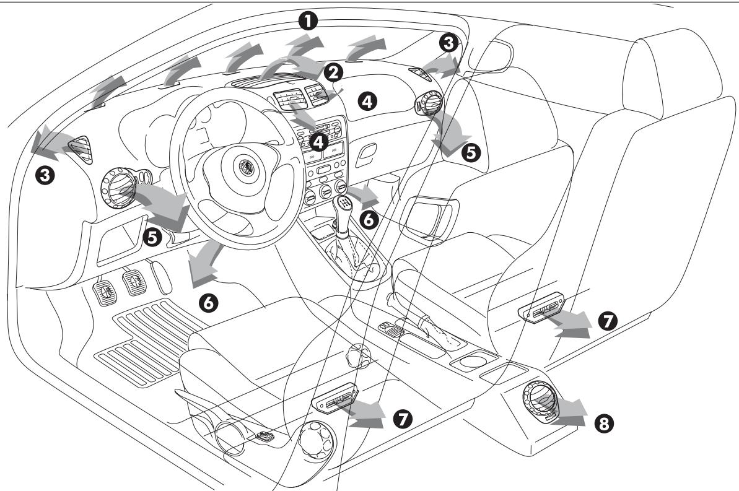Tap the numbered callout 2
335,72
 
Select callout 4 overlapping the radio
318,142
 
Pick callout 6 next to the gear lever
367,220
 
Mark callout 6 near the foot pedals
208,302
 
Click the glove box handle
366,149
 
